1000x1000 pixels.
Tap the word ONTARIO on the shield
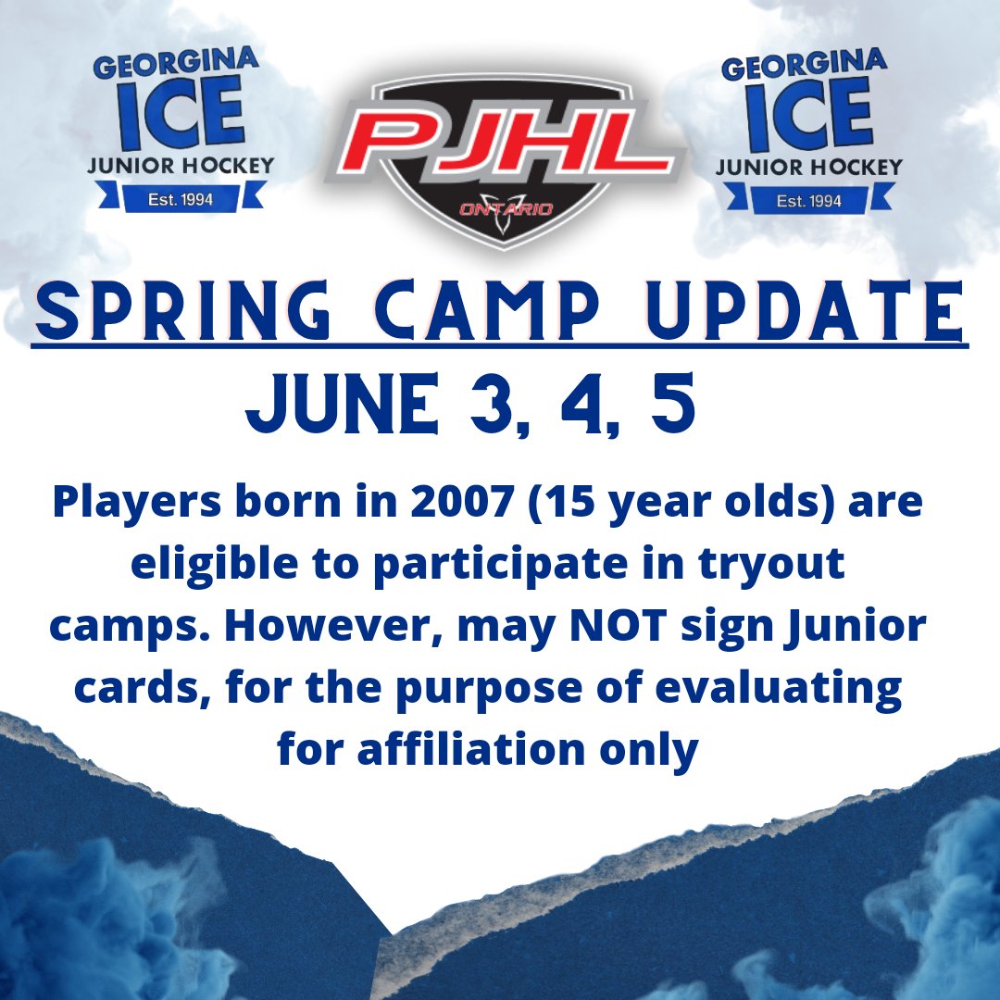point(506,209)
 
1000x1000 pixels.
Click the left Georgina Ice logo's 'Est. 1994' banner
point(181,199)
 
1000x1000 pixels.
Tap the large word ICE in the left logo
point(181,115)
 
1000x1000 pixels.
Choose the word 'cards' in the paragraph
point(147,690)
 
